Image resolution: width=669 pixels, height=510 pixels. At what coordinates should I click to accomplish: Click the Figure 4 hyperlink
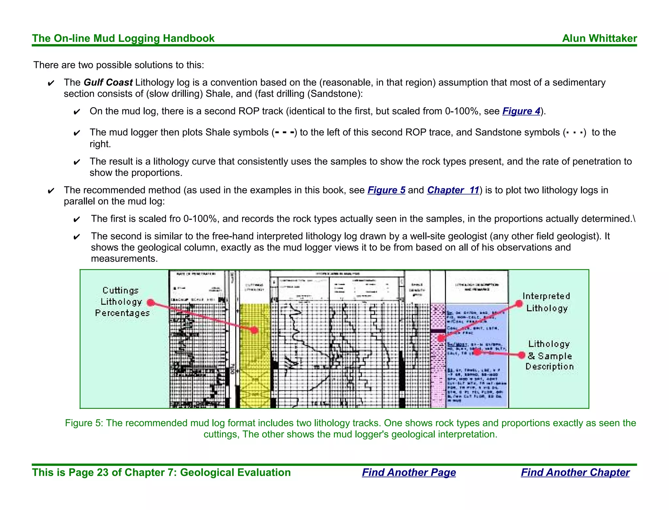521,111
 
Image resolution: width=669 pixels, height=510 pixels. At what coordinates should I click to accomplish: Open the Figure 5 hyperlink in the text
386,190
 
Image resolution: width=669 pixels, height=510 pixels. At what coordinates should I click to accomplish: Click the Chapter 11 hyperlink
453,190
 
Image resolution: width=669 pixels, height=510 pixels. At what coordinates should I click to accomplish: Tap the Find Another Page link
409,472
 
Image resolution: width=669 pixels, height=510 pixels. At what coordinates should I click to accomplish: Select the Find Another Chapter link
575,472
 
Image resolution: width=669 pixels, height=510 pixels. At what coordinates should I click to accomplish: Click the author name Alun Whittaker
599,38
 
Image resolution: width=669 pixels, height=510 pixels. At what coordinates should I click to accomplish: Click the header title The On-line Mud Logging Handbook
123,38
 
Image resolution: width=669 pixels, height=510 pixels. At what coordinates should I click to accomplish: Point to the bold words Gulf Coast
108,82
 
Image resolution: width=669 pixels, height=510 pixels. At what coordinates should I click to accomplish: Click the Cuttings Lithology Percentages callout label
122,302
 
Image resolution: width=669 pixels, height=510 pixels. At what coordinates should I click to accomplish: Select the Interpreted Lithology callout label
547,302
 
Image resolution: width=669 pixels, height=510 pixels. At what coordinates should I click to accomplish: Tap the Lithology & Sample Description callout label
549,355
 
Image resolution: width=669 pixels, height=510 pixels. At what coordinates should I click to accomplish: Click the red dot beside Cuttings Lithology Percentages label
151,302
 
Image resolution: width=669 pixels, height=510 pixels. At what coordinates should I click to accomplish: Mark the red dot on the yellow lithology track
254,330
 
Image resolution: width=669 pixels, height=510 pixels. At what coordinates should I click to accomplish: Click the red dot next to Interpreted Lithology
519,304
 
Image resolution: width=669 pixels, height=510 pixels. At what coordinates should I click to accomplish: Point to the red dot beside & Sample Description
522,355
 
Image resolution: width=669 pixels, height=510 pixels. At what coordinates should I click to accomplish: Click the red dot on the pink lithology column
441,338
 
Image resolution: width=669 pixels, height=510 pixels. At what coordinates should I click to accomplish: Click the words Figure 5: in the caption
84,423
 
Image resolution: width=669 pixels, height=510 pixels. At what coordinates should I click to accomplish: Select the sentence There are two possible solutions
119,65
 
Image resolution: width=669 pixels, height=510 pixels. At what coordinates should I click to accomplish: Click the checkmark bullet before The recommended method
51,191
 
